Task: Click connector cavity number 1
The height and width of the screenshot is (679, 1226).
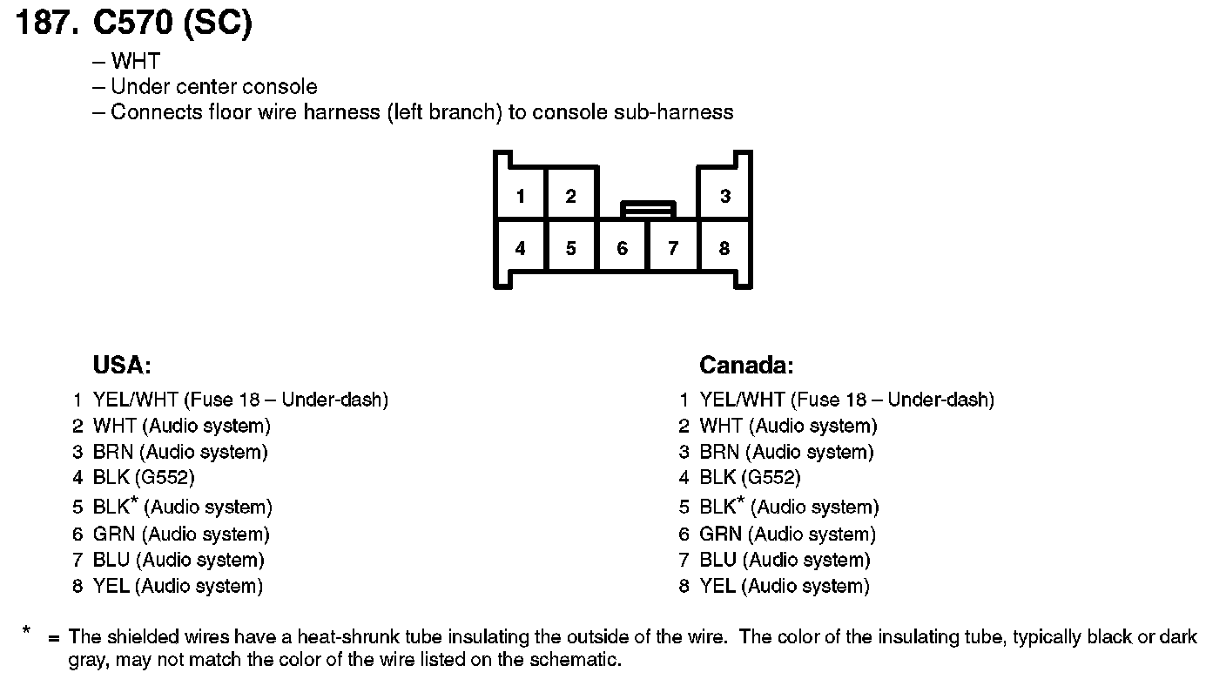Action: point(520,196)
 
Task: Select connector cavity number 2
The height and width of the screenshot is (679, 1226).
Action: point(570,196)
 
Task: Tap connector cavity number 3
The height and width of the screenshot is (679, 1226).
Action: point(724,196)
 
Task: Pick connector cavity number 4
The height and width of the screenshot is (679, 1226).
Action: point(520,248)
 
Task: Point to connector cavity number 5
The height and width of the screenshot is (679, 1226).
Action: point(570,248)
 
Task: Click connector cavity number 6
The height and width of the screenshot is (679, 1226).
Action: point(622,248)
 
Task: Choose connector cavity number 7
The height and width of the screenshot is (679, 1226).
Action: point(672,248)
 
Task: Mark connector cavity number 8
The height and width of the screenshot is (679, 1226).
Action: point(724,248)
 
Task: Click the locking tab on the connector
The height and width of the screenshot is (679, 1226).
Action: point(648,209)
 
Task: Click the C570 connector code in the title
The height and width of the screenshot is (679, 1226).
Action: point(132,24)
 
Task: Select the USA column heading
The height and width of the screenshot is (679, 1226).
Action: point(122,365)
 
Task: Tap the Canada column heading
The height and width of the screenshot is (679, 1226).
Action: point(746,365)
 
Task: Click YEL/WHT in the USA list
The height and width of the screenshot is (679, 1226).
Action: point(135,400)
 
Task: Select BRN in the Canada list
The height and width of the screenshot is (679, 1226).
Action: point(719,453)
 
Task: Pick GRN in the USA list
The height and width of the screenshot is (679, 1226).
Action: point(113,534)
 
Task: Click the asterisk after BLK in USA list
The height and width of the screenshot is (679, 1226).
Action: point(134,501)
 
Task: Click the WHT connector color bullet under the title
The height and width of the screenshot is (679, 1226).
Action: point(136,62)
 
